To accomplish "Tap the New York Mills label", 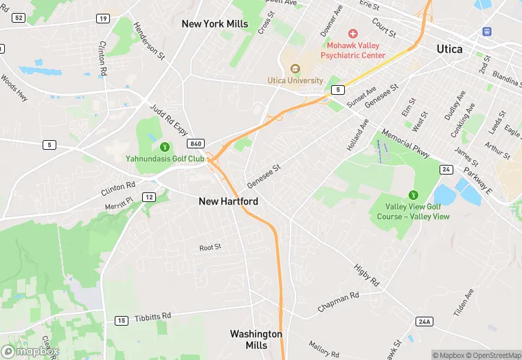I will pyautogui.click(x=214, y=24).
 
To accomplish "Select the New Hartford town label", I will pyautogui.click(x=229, y=201).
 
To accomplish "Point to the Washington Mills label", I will pyautogui.click(x=256, y=339).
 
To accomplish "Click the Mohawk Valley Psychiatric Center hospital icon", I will pyautogui.click(x=353, y=34).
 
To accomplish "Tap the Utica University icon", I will pyautogui.click(x=295, y=68).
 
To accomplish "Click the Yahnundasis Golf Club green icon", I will pyautogui.click(x=165, y=146).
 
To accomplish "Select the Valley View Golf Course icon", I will pyautogui.click(x=413, y=195).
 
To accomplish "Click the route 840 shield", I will pyautogui.click(x=195, y=143).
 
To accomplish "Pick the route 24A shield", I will pyautogui.click(x=424, y=321).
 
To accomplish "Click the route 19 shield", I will pyautogui.click(x=102, y=18).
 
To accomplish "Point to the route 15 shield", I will pyautogui.click(x=122, y=320).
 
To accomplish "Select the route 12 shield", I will pyautogui.click(x=148, y=197).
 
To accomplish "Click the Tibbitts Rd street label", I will pyautogui.click(x=152, y=316).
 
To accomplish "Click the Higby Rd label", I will pyautogui.click(x=366, y=274).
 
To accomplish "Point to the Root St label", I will pyautogui.click(x=210, y=247).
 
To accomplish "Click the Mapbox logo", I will pyautogui.click(x=30, y=351).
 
